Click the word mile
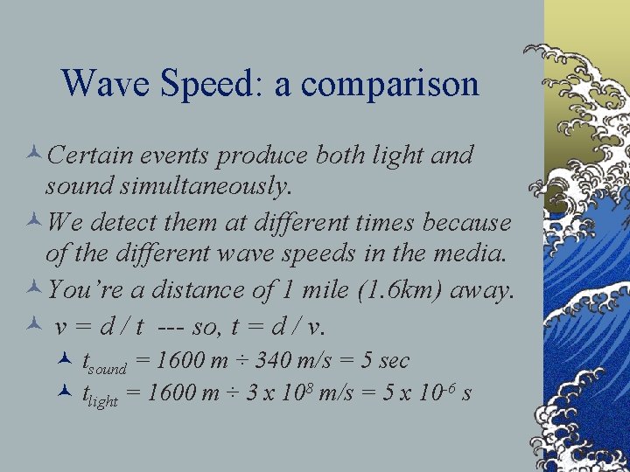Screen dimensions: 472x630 tap(319, 289)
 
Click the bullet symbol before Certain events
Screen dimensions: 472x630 tap(35, 156)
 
